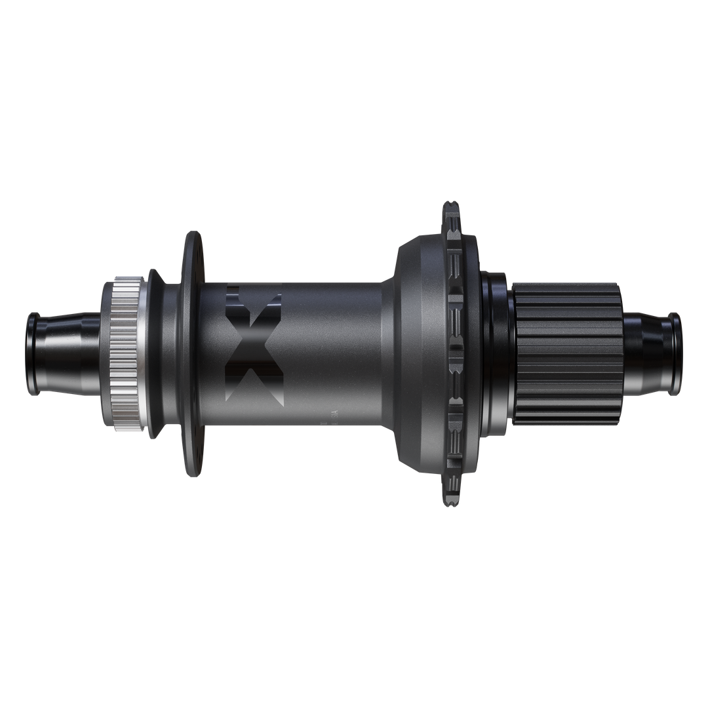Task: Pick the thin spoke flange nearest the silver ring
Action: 194,354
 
